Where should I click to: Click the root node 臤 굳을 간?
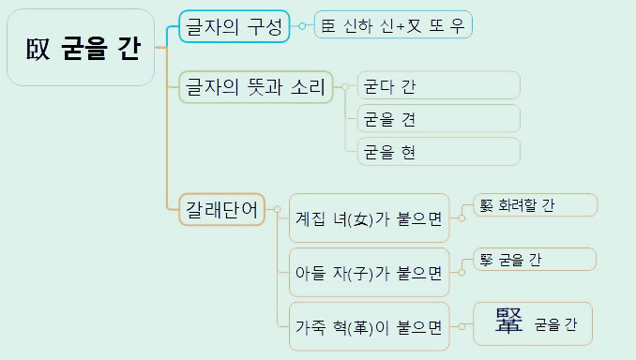pyautogui.click(x=80, y=48)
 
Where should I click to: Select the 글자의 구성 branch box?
pyautogui.click(x=235, y=26)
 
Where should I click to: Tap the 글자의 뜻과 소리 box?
pyautogui.click(x=255, y=88)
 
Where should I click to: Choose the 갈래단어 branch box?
pyautogui.click(x=221, y=209)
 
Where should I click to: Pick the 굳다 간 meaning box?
pyautogui.click(x=438, y=86)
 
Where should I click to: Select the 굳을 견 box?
pyautogui.click(x=438, y=119)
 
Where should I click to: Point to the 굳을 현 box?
pyautogui.click(x=438, y=152)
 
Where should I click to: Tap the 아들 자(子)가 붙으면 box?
pyautogui.click(x=369, y=273)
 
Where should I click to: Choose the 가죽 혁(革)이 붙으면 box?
pyautogui.click(x=369, y=327)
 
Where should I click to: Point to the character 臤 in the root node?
pyautogui.click(x=38, y=49)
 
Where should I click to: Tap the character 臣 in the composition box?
pyautogui.click(x=327, y=25)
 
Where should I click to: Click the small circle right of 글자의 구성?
pyautogui.click(x=301, y=26)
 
